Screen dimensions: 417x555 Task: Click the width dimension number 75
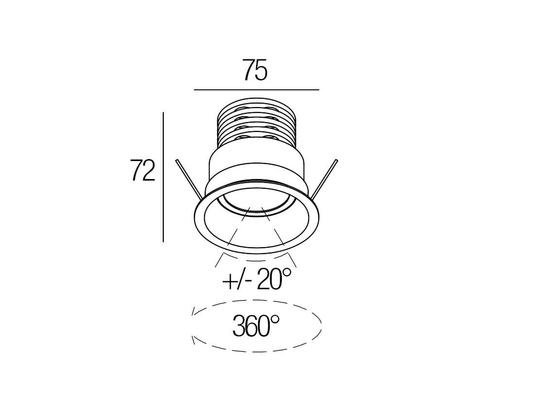pos(255,71)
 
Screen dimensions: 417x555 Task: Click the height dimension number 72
pos(142,170)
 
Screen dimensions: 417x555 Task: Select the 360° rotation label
pos(257,326)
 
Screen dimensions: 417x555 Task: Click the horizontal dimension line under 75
pos(256,90)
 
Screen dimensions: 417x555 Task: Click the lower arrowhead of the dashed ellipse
pos(194,340)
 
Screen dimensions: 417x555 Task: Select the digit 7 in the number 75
pos(248,71)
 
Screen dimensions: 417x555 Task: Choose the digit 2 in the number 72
pos(148,170)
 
